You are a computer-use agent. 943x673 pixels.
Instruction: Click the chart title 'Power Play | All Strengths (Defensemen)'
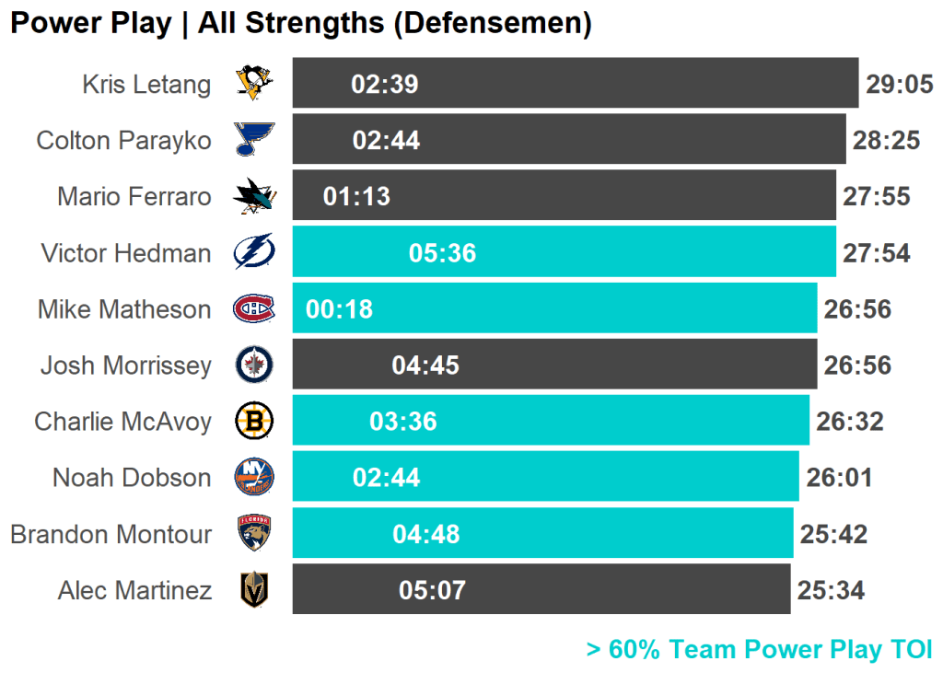pyautogui.click(x=300, y=23)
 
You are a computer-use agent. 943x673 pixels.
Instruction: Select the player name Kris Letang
pyautogui.click(x=146, y=85)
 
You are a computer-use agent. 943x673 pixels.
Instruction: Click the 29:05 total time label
pyautogui.click(x=900, y=85)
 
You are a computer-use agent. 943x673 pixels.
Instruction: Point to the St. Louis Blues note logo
pyautogui.click(x=253, y=140)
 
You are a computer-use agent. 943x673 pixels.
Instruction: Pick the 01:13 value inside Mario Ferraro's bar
pyautogui.click(x=356, y=197)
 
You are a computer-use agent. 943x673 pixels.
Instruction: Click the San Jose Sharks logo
pyautogui.click(x=253, y=196)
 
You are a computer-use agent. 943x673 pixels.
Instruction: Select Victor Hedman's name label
pyautogui.click(x=126, y=253)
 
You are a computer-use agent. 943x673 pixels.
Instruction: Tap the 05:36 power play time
pyautogui.click(x=442, y=253)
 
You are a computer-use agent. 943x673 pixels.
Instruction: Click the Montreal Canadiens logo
pyautogui.click(x=253, y=308)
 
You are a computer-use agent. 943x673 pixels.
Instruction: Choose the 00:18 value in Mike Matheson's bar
pyautogui.click(x=339, y=309)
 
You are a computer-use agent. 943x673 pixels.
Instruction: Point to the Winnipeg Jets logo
pyautogui.click(x=253, y=365)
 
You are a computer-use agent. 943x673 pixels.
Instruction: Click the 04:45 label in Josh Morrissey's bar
pyautogui.click(x=425, y=366)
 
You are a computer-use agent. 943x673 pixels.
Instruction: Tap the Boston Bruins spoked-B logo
pyautogui.click(x=253, y=422)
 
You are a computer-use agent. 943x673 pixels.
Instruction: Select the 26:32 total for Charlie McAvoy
pyautogui.click(x=849, y=422)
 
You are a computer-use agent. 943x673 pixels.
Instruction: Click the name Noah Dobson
pyautogui.click(x=132, y=478)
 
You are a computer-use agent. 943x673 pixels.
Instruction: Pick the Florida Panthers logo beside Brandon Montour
pyautogui.click(x=253, y=533)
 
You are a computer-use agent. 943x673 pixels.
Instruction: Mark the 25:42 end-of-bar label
pyautogui.click(x=833, y=534)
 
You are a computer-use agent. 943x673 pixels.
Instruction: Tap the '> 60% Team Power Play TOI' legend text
pyautogui.click(x=759, y=649)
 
